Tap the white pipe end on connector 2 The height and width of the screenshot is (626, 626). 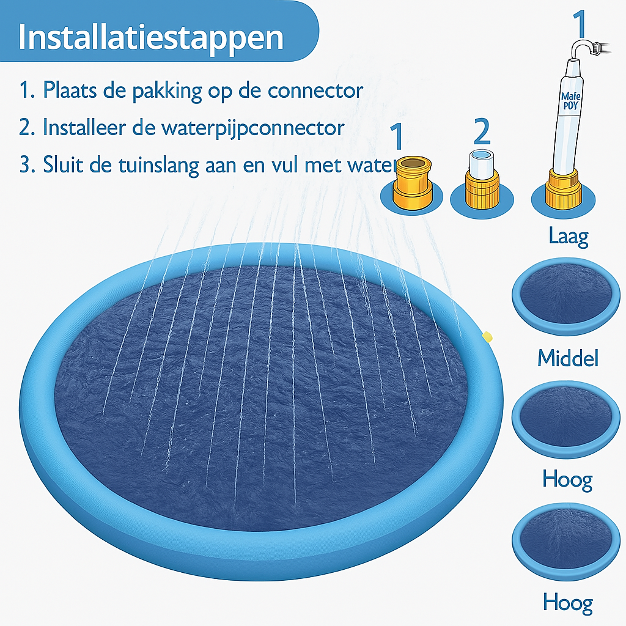click(482, 162)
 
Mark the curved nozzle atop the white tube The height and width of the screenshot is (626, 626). click(586, 48)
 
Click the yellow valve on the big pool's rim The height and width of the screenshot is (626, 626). click(487, 336)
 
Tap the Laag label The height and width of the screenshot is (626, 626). click(569, 236)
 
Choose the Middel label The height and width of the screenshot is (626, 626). click(568, 358)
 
